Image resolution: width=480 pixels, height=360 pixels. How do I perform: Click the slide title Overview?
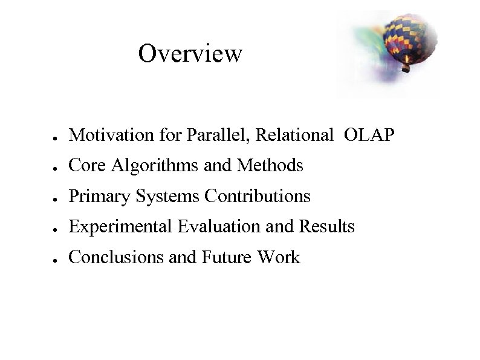pos(190,53)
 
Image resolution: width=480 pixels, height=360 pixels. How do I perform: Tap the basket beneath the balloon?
pos(406,68)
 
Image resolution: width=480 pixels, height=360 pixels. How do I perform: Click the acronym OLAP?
pos(369,135)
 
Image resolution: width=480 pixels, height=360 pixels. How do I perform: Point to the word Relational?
pos(294,135)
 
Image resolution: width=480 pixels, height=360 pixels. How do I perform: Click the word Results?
pos(326,227)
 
